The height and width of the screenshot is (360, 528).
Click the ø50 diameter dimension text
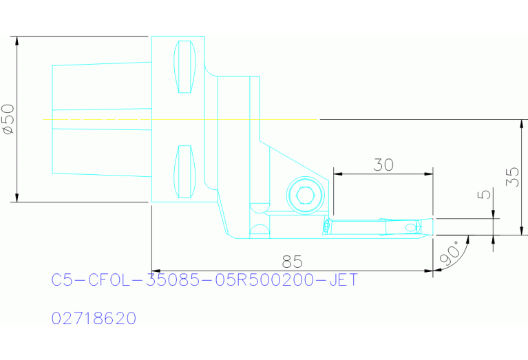click(x=8, y=120)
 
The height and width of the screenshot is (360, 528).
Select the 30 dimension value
click(x=383, y=165)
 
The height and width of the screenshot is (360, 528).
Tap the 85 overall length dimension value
click(x=293, y=262)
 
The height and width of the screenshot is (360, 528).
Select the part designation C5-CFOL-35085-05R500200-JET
click(x=204, y=280)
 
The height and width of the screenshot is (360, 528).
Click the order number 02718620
click(x=94, y=319)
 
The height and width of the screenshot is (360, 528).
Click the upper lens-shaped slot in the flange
click(x=184, y=67)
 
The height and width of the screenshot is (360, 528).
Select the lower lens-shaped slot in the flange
click(x=184, y=171)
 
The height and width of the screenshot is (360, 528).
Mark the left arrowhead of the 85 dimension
click(x=156, y=271)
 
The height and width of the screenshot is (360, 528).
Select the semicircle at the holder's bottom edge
click(x=259, y=229)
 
